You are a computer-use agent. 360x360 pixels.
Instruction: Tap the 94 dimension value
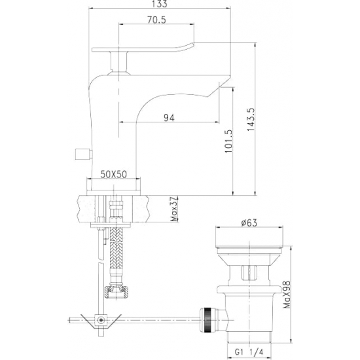point(169,117)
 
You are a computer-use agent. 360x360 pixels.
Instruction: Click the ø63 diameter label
point(248,223)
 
